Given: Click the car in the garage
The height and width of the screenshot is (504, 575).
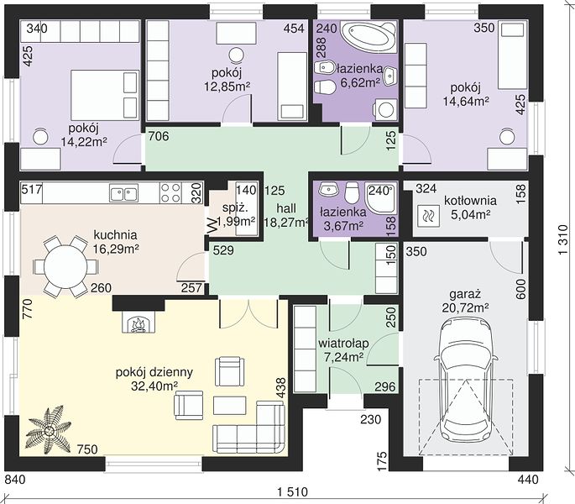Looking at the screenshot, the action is pos(466,381).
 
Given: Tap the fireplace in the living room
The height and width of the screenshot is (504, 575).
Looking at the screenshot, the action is pos(139,322).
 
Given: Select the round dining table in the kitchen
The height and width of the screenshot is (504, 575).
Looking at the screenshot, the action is pos(65,266).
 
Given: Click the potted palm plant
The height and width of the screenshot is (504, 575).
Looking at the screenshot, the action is pos(49,429).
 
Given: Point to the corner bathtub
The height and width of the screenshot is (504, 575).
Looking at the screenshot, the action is pos(369,37).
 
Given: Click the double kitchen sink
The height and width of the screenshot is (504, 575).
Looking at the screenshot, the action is pos(123,193).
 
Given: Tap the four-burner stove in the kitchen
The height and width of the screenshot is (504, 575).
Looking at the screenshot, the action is pos(171,192).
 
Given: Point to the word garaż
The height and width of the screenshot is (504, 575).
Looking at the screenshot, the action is pos(465,294).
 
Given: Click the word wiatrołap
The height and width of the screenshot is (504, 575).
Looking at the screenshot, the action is pos(343,344).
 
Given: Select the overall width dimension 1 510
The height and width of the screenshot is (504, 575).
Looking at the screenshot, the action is pos(293,491).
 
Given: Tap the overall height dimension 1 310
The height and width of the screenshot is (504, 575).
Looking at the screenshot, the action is pos(563,239).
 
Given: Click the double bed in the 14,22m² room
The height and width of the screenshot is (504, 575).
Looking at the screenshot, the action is pos(105,95).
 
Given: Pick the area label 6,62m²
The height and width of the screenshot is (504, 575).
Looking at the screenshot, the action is pos(360,82).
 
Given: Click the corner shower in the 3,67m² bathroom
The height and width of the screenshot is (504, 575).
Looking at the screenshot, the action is pos(381,198).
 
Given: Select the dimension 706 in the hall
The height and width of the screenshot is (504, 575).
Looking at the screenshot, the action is pos(159,137).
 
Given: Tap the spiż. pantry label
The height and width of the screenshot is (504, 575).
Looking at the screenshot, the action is pos(235,207).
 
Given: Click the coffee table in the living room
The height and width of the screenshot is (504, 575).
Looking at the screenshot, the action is pos(229,405).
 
